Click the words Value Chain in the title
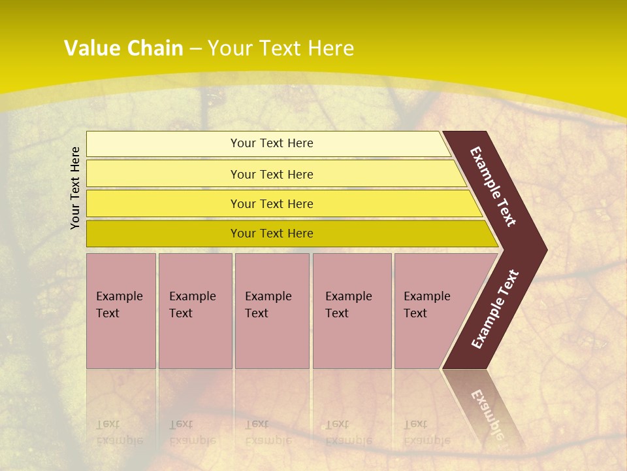click(x=123, y=48)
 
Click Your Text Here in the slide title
click(x=281, y=48)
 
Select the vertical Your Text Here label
click(x=76, y=188)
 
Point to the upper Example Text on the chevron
click(x=493, y=186)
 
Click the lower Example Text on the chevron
click(x=495, y=309)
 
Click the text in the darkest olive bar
click(x=272, y=234)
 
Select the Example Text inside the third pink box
click(x=268, y=305)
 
